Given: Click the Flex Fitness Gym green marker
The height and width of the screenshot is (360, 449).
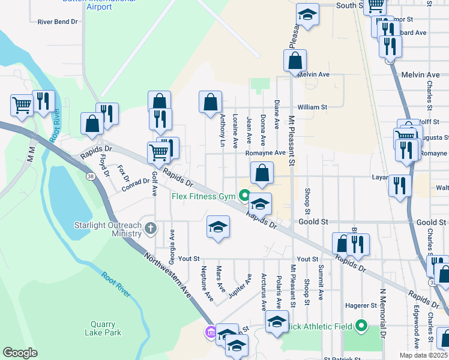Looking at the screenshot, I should coord(244,195).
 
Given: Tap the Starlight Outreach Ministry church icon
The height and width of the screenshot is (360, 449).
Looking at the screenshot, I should coord(150,228).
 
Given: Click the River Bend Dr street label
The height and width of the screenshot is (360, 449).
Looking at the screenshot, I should coord(58,22).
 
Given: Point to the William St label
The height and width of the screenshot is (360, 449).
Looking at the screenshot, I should coord(312,107).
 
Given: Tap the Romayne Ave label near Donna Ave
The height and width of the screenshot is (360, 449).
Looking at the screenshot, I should coord(265,153).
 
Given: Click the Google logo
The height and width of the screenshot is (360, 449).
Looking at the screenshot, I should coord(20,353).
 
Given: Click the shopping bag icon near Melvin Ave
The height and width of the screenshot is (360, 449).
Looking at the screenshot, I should coord(295,61).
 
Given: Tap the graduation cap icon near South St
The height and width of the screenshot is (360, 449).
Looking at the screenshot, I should coord(307,16).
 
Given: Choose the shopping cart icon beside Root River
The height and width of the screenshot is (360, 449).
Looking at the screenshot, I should coord(22,106).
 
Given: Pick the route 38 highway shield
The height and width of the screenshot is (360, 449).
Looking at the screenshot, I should coord(90,176).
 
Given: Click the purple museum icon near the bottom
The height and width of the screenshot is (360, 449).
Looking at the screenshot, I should coord(210,332).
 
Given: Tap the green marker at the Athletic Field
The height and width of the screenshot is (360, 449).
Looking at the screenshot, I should coord(361,326).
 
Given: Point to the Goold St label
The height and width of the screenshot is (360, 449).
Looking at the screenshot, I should coord(313,221).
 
